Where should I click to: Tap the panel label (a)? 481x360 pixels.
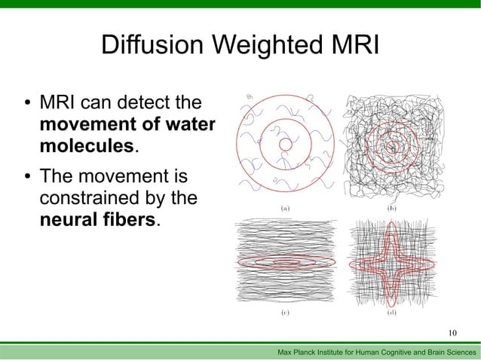point(286,206)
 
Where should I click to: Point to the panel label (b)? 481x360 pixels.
point(393,206)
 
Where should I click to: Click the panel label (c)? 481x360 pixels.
point(286,313)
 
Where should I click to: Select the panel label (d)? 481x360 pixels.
point(393,313)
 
